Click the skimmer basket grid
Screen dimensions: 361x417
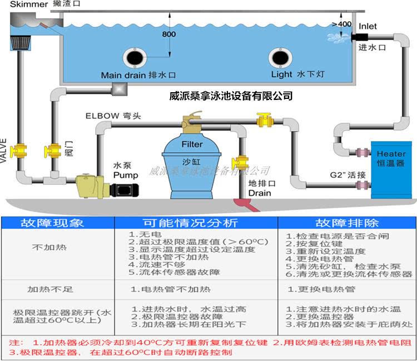click(x=22, y=42)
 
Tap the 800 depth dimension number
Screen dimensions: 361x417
click(x=169, y=35)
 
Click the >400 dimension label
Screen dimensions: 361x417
click(x=341, y=24)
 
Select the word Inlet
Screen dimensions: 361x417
click(x=368, y=26)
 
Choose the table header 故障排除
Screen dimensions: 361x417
click(x=347, y=223)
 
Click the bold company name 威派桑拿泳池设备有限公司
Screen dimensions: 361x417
click(x=231, y=96)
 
